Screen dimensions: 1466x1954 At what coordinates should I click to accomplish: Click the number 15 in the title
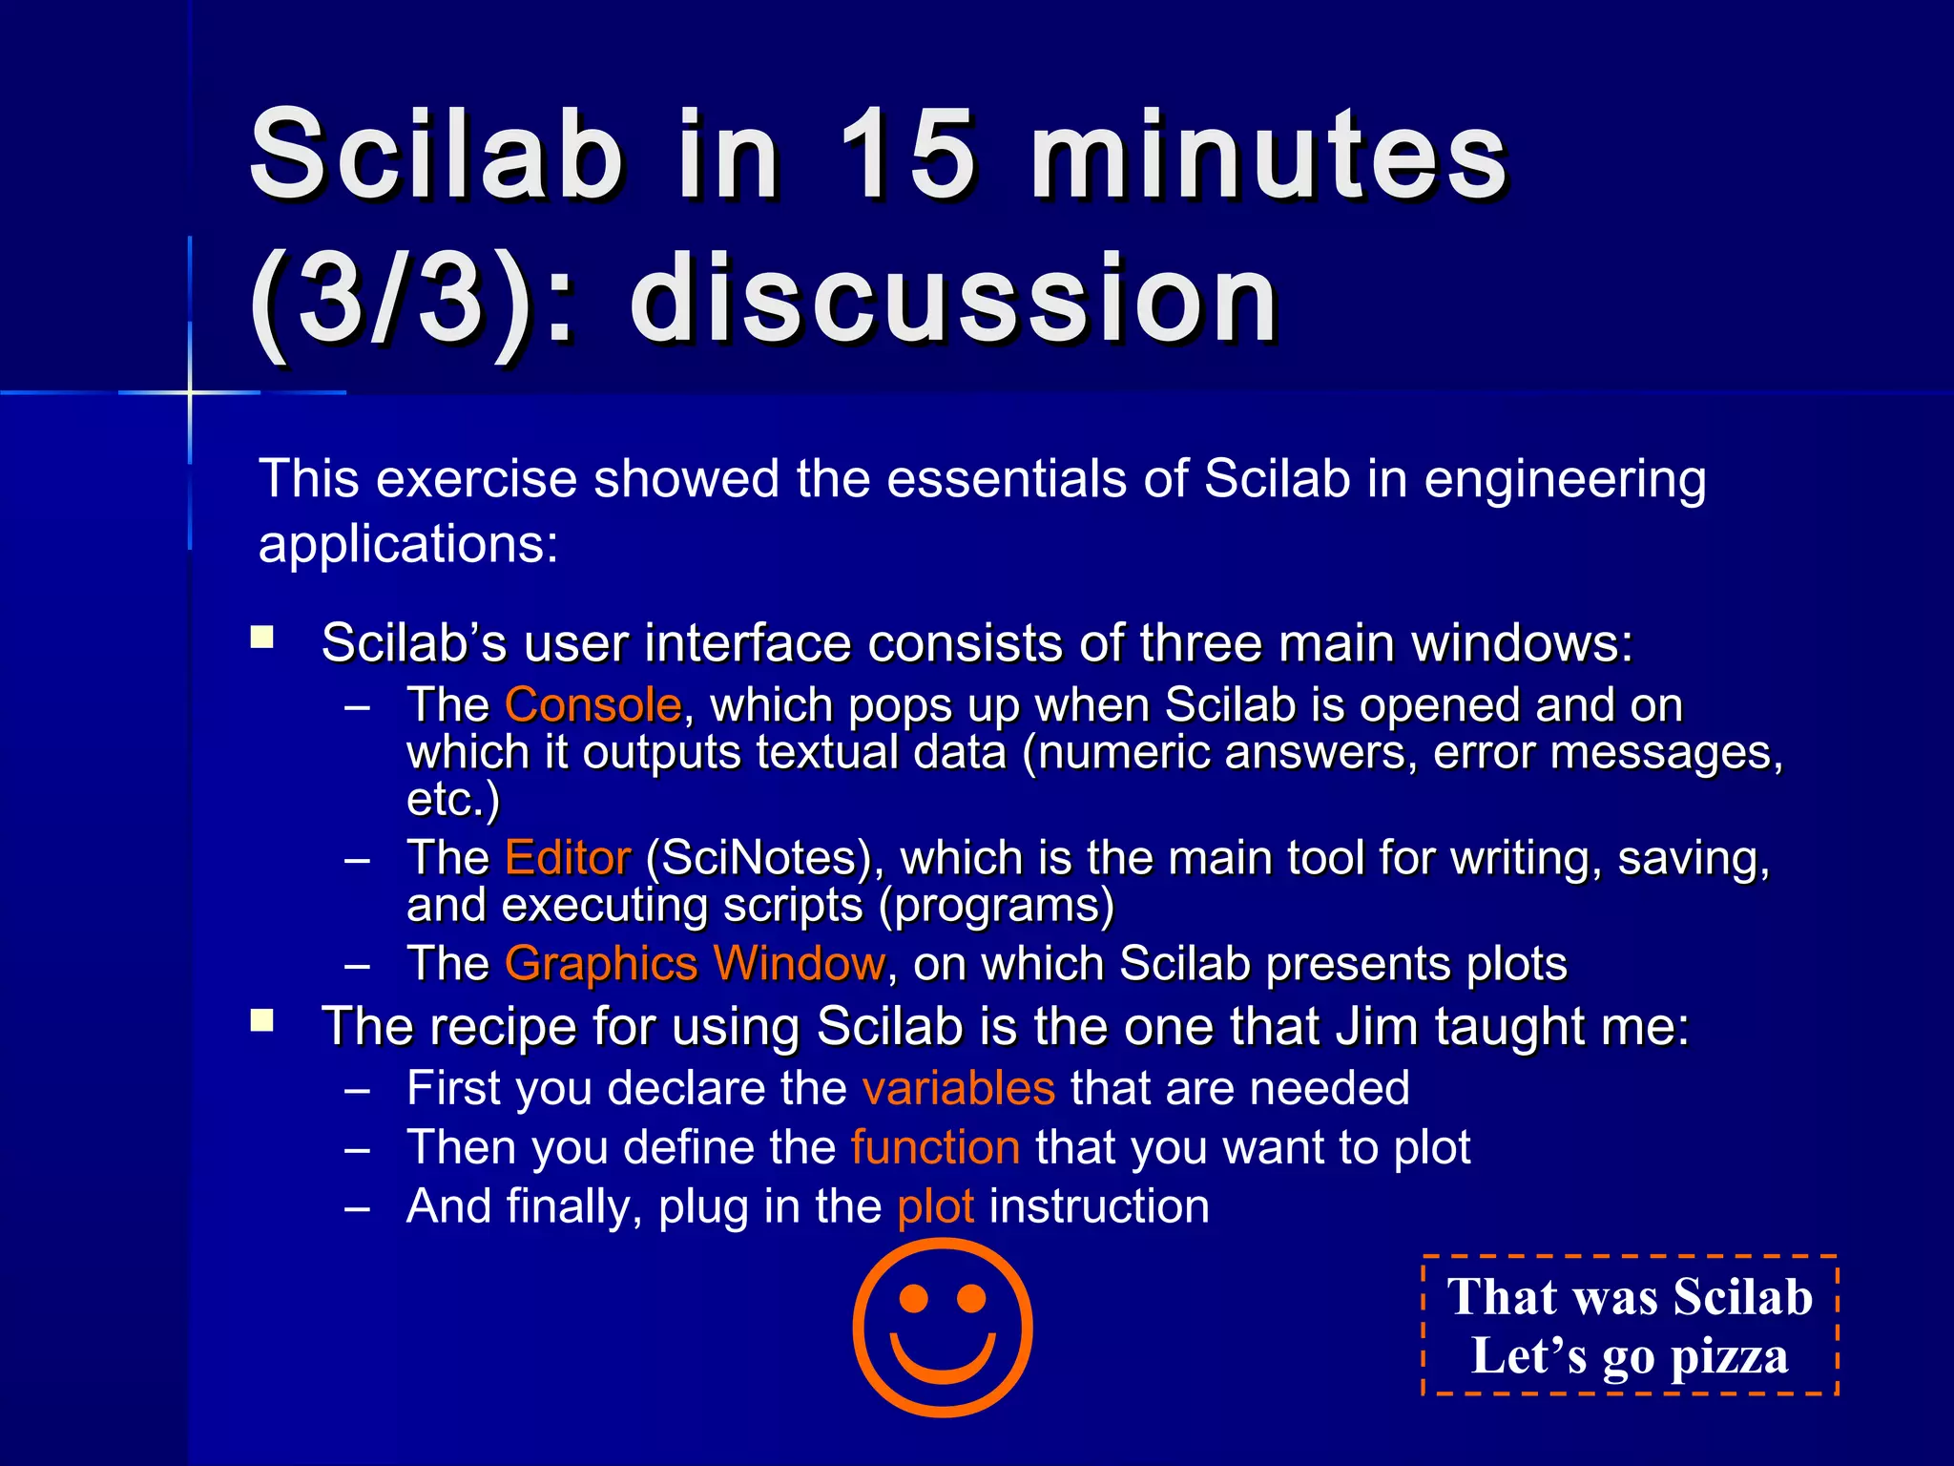(x=906, y=155)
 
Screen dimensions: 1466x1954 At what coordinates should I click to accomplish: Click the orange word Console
(x=592, y=705)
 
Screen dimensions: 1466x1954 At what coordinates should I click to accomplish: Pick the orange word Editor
(x=567, y=858)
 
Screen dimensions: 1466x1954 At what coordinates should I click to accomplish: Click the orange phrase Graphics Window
(x=695, y=964)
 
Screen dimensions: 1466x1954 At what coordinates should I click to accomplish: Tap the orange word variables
(x=958, y=1089)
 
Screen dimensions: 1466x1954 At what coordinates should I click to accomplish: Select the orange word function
(x=935, y=1147)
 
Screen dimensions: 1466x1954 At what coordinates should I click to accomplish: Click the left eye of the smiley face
(x=913, y=1299)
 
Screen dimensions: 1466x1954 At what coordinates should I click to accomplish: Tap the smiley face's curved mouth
(x=943, y=1360)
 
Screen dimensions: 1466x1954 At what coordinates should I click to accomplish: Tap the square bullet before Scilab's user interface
(x=262, y=638)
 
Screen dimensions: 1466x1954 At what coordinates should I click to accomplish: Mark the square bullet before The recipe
(x=262, y=1021)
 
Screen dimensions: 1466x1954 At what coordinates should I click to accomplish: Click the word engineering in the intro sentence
(x=1565, y=479)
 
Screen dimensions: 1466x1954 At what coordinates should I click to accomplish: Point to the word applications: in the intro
(x=408, y=545)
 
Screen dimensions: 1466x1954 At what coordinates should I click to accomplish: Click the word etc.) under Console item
(x=452, y=800)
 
